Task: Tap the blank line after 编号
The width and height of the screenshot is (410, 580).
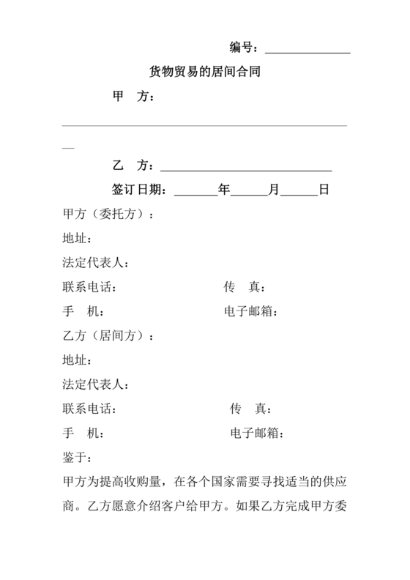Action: click(x=307, y=51)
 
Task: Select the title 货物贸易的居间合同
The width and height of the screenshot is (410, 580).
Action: click(x=205, y=72)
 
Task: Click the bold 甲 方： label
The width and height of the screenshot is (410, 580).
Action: click(x=134, y=97)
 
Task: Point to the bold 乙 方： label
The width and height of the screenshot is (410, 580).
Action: click(x=134, y=166)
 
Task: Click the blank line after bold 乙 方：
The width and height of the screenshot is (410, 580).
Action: click(x=246, y=169)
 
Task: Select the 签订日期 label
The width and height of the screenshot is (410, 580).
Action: click(x=142, y=190)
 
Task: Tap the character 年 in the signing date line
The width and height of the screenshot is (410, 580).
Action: click(x=224, y=190)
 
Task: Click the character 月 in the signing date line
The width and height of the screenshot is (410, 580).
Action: click(x=274, y=190)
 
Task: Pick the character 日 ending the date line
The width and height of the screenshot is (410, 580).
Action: click(x=324, y=190)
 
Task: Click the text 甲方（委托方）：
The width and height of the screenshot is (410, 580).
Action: click(x=109, y=215)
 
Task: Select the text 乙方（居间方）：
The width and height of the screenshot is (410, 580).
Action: click(x=109, y=337)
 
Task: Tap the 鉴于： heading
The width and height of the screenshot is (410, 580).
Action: click(x=78, y=458)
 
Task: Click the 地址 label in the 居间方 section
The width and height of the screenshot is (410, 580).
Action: click(x=76, y=361)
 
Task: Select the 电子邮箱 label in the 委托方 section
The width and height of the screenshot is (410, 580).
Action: click(x=250, y=312)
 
